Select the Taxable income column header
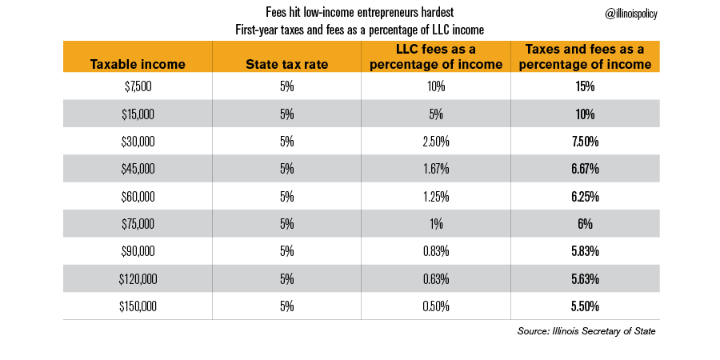(x=138, y=64)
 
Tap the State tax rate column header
(x=287, y=64)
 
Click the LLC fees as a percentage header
(x=437, y=57)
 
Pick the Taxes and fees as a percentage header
(x=587, y=57)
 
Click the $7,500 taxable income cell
(x=138, y=85)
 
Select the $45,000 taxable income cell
(x=138, y=168)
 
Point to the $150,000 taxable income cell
(x=138, y=306)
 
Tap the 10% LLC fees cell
(x=437, y=85)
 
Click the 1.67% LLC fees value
(x=437, y=168)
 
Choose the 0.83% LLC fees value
(x=437, y=251)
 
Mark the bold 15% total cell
(x=587, y=85)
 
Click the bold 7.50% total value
(x=587, y=141)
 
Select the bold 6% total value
(x=587, y=224)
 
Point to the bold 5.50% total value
(x=587, y=306)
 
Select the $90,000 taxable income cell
(x=138, y=251)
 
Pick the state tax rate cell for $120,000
(x=287, y=279)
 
